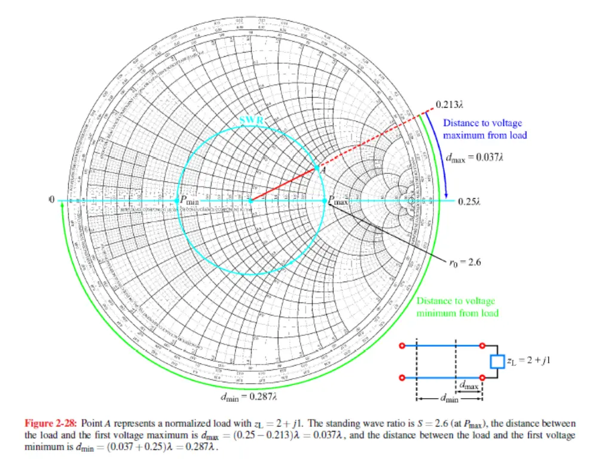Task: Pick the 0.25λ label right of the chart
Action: pos(469,201)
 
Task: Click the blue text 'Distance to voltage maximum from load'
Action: pos(485,129)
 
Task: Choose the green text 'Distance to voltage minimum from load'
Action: pos(457,307)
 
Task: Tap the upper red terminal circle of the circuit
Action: pos(402,345)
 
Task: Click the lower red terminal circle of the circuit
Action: pos(402,378)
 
